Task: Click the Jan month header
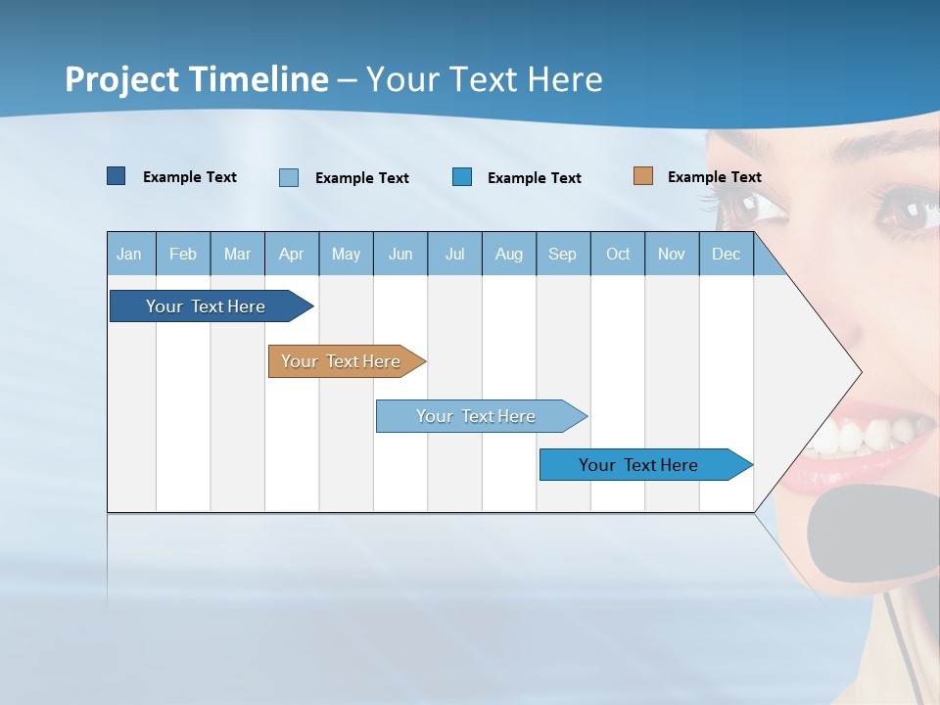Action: [129, 255]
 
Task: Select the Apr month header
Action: [292, 255]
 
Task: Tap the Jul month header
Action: [455, 255]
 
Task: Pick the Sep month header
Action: [563, 255]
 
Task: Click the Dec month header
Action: [727, 255]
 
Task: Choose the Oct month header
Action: [618, 255]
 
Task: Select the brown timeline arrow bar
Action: [343, 361]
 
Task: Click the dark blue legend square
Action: [117, 176]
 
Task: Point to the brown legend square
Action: [643, 176]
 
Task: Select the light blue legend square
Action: [289, 177]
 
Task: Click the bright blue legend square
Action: [462, 176]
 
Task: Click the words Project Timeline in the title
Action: [197, 79]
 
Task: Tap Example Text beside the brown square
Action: [714, 177]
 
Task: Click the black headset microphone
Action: [867, 534]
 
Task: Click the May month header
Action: [346, 255]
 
